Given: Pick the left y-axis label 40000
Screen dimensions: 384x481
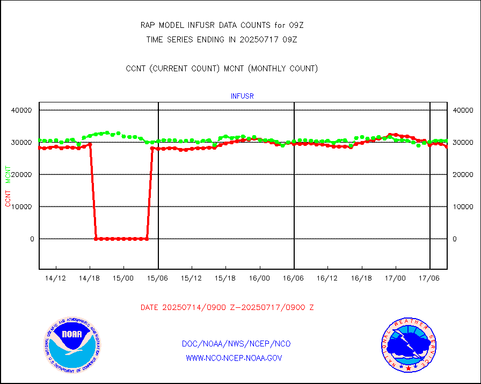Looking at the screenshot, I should [22, 110].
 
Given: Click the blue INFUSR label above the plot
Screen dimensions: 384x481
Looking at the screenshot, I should [242, 96].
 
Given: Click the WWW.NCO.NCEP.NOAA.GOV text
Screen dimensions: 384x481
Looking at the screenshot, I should [234, 358].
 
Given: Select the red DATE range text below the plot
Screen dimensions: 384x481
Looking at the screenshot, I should [227, 308].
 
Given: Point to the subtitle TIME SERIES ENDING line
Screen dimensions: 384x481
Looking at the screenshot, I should [222, 39].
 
